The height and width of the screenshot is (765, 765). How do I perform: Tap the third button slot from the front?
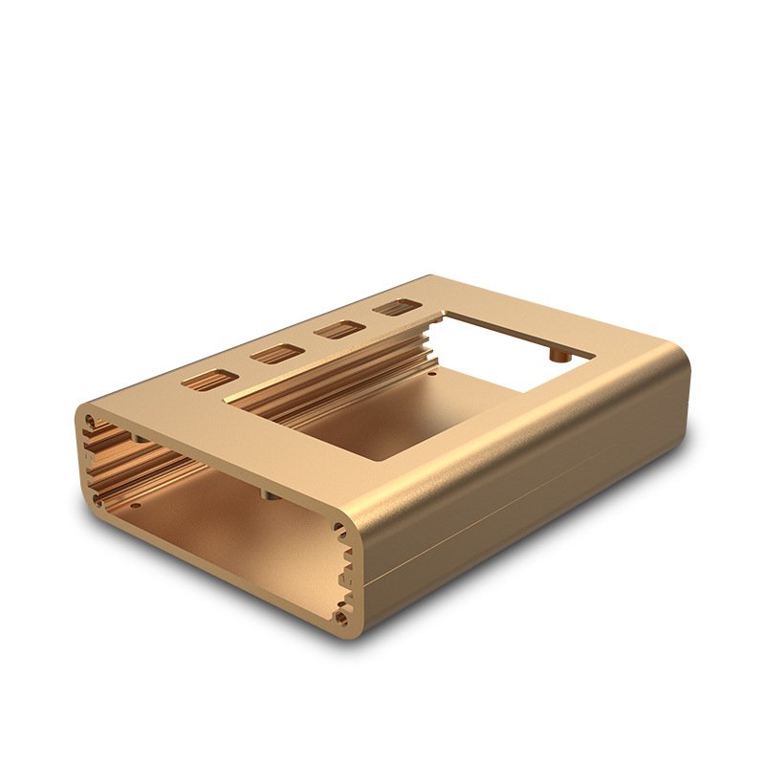click(x=336, y=331)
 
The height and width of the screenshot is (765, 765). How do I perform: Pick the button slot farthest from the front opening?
click(x=394, y=308)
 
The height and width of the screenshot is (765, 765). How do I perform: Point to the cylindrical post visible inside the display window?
click(x=559, y=355)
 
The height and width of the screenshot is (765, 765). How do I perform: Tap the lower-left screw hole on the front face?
click(x=98, y=498)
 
